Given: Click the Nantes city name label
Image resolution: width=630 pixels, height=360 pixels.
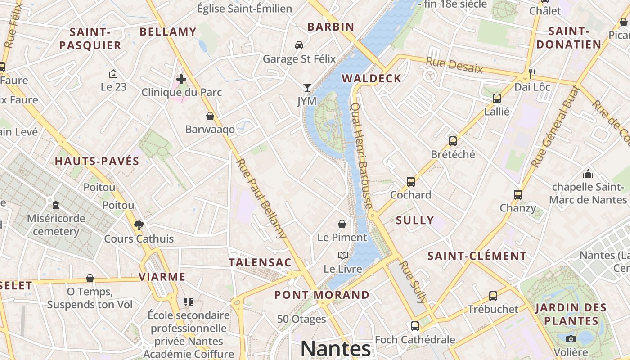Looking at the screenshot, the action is (x=336, y=349).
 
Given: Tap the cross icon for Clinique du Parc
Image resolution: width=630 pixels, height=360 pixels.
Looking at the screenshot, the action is (x=181, y=80).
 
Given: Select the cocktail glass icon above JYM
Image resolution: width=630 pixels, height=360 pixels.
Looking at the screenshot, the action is (x=307, y=88).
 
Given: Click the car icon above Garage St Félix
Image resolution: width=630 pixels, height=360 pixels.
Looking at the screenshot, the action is (x=299, y=45).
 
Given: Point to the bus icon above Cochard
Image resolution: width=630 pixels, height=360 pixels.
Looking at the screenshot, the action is (x=410, y=182).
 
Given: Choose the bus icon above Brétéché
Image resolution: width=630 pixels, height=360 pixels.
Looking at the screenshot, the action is (x=453, y=141).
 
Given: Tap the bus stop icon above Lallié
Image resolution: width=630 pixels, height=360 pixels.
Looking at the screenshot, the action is (x=497, y=99).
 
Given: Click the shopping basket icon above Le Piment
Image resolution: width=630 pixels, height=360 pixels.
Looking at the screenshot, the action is (x=342, y=224).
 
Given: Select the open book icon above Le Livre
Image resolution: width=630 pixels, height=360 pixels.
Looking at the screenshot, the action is (x=343, y=256).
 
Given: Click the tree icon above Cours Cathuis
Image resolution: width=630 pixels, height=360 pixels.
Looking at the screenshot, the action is (x=139, y=225).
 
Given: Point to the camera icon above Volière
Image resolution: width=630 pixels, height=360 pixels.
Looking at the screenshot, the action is (x=571, y=339).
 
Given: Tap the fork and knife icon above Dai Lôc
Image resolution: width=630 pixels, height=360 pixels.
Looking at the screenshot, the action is (x=532, y=73).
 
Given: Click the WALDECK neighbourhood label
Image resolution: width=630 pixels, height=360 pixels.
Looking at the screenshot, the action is (x=371, y=79).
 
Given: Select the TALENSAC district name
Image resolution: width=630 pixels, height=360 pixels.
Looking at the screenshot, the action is (x=260, y=262).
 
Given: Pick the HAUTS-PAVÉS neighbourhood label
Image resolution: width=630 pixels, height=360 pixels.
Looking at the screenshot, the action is (x=97, y=162).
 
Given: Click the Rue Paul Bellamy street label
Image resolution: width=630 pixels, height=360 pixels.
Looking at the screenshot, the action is (x=261, y=198).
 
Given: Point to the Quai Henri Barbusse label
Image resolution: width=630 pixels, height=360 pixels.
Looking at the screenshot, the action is (x=361, y=156).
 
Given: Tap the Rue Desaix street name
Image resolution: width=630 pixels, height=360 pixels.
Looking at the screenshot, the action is (x=454, y=66).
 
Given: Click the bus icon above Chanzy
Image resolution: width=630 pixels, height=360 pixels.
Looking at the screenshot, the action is (x=518, y=195).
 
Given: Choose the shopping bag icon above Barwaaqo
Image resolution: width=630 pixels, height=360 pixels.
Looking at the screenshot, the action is (x=210, y=117).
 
